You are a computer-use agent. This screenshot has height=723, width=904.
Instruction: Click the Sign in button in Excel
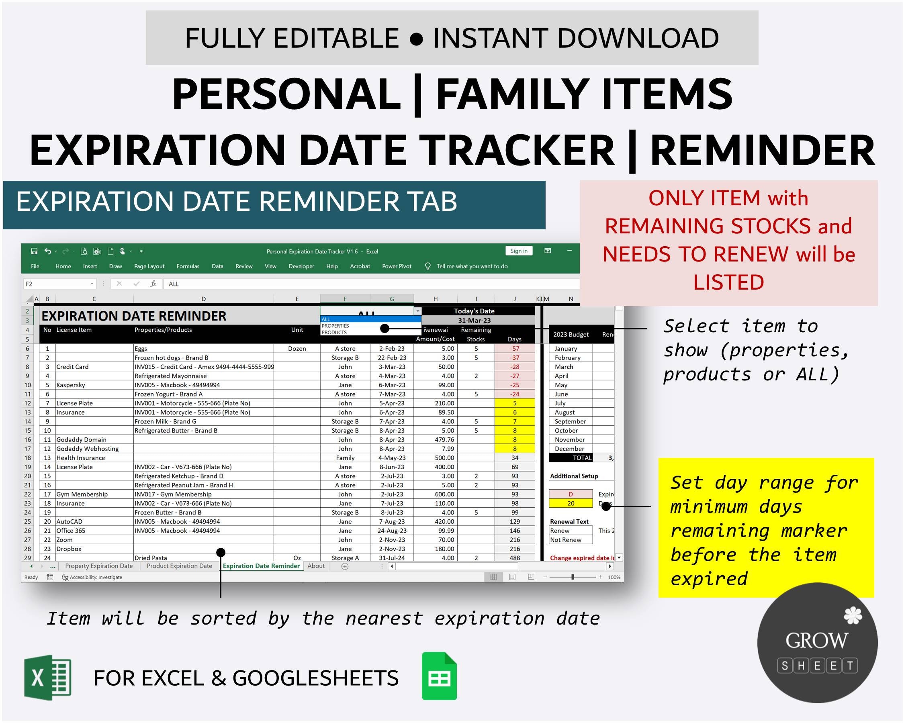pyautogui.click(x=519, y=251)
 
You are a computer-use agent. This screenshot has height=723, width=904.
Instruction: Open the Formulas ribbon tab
pyautogui.click(x=188, y=266)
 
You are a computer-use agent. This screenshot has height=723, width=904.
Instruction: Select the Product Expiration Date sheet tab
pyautogui.click(x=179, y=566)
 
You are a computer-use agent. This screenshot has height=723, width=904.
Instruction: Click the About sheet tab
pyautogui.click(x=316, y=566)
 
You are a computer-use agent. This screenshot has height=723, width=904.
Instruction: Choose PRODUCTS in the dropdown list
pyautogui.click(x=334, y=332)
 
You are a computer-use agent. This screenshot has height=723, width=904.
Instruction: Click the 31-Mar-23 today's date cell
pyautogui.click(x=474, y=320)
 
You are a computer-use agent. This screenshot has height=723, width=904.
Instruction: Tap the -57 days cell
pyautogui.click(x=514, y=348)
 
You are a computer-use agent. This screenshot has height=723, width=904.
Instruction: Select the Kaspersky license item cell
pyautogui.click(x=71, y=385)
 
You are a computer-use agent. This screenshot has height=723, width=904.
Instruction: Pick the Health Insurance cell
pyautogui.click(x=80, y=457)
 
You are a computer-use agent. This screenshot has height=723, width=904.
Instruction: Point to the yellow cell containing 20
pyautogui.click(x=570, y=503)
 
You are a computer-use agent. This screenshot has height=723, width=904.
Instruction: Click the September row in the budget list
pyautogui.click(x=570, y=421)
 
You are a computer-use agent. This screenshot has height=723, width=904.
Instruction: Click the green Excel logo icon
pyautogui.click(x=48, y=677)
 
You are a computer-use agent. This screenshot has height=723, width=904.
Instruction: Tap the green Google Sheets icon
pyautogui.click(x=439, y=676)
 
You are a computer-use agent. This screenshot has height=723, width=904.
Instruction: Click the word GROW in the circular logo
pyautogui.click(x=816, y=640)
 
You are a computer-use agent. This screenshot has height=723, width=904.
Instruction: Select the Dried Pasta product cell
pyautogui.click(x=151, y=558)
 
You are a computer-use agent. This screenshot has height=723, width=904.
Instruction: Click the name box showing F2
pyautogui.click(x=59, y=284)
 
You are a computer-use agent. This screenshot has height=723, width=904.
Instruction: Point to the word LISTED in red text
pyautogui.click(x=728, y=282)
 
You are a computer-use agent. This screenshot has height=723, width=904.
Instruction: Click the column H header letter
pyautogui.click(x=435, y=299)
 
